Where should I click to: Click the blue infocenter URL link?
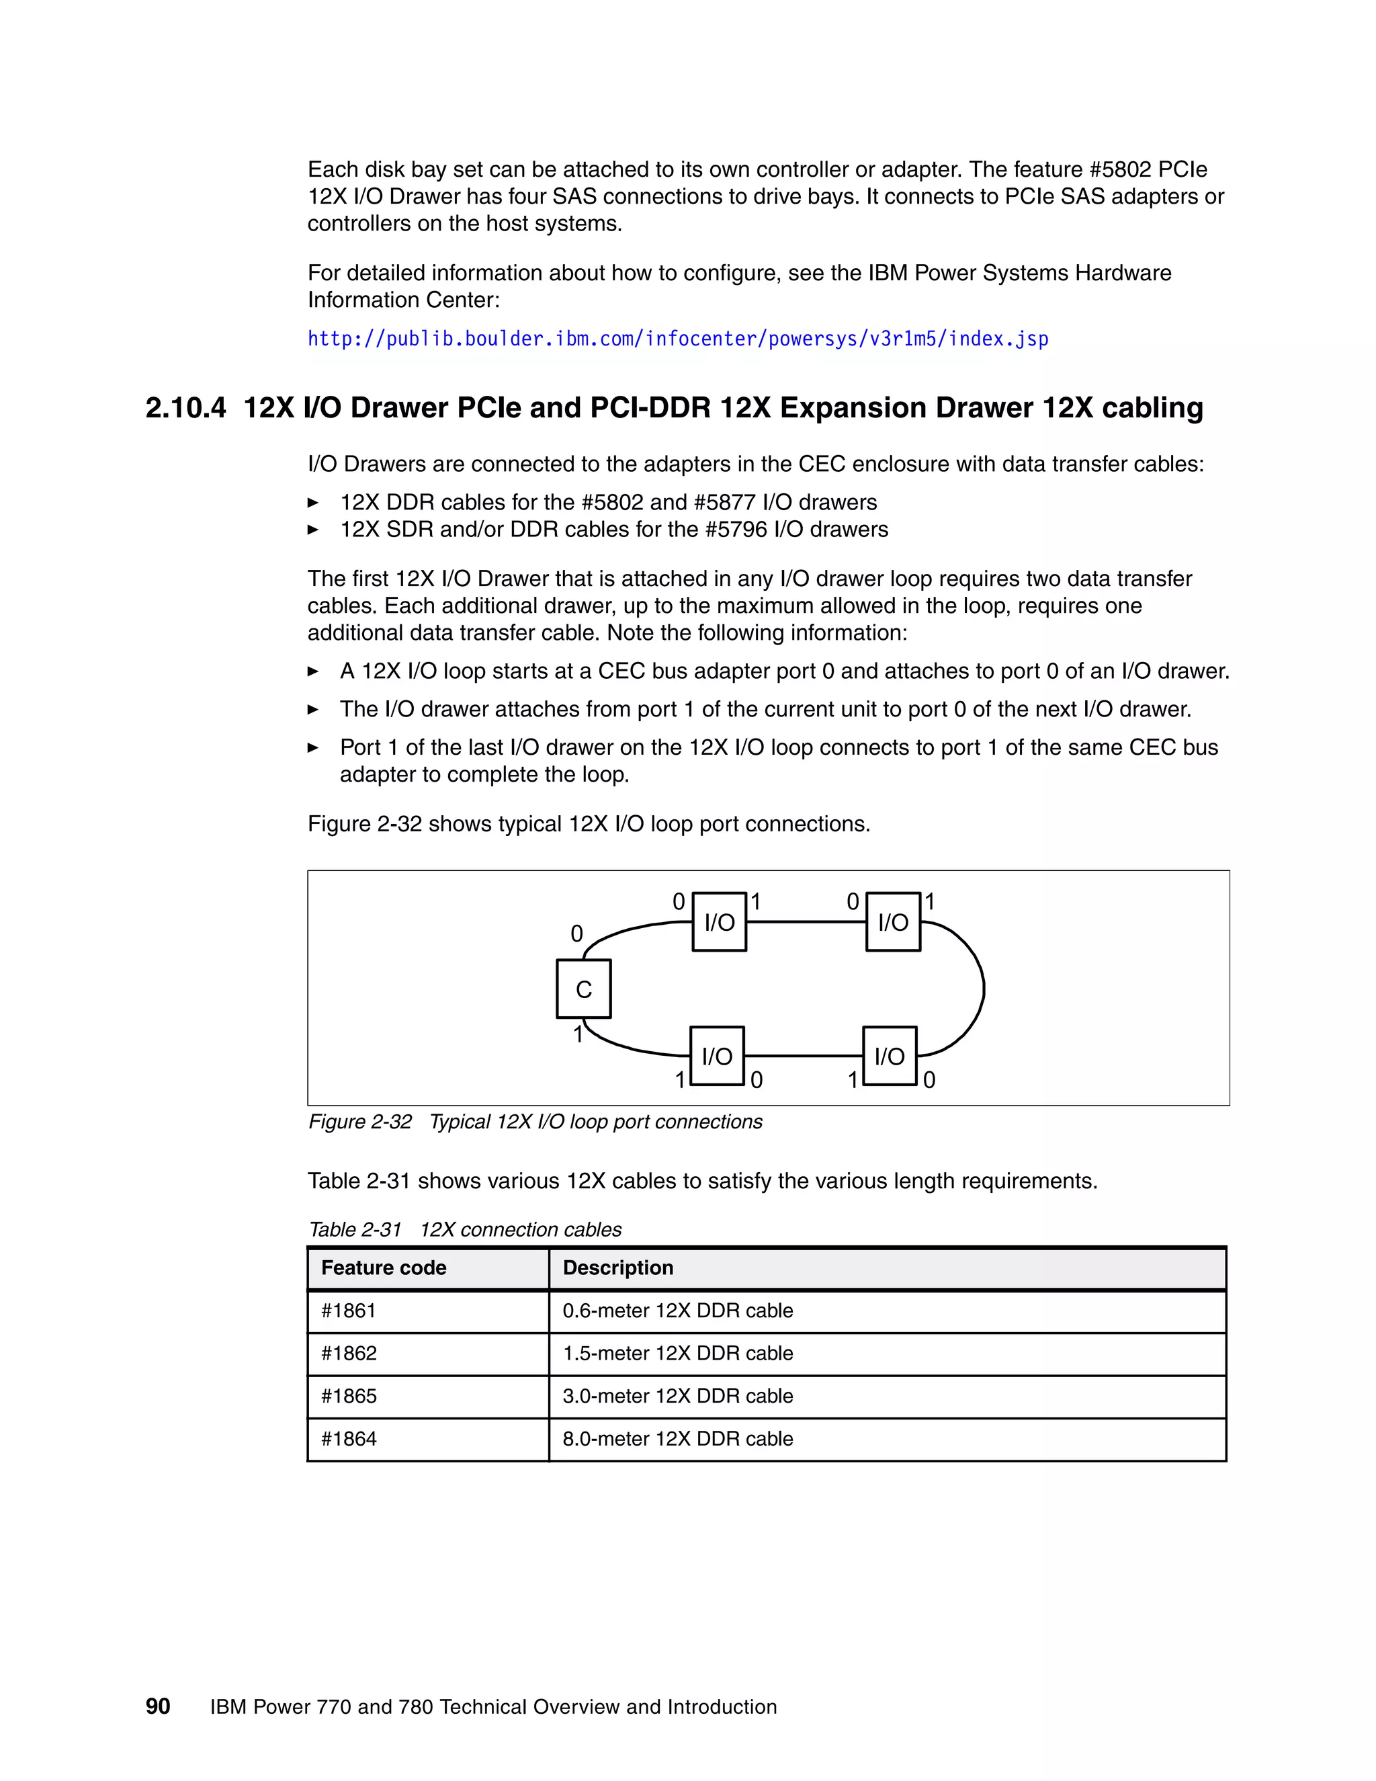677,339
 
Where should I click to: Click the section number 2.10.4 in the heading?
186,408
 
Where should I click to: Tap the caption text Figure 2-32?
359,1122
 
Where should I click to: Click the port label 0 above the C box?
576,934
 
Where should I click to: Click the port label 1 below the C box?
577,1035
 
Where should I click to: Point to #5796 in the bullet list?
736,529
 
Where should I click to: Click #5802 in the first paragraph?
1120,169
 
